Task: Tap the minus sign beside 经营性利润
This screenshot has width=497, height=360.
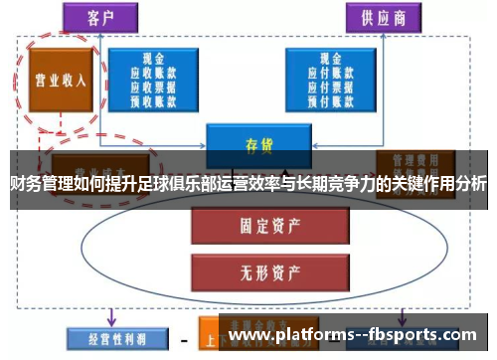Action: click(184, 339)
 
